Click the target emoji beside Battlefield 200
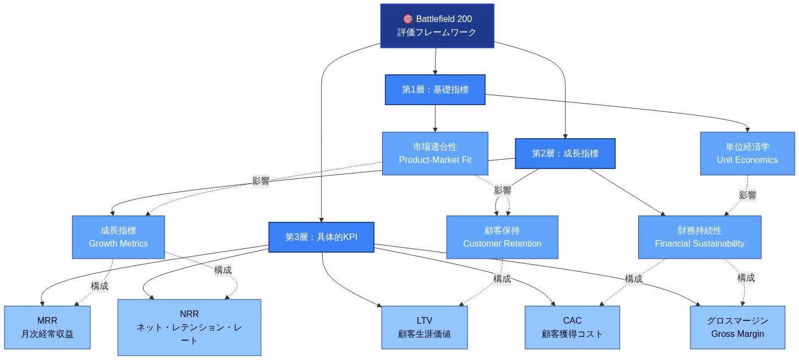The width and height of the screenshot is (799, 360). coord(408,19)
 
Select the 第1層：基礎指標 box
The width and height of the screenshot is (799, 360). coord(435,90)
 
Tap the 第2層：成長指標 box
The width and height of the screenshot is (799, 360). coord(565,154)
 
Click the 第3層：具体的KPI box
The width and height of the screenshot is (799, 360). coord(321,237)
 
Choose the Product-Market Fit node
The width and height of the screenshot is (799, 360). coord(435,154)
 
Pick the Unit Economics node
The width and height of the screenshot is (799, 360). coord(747,154)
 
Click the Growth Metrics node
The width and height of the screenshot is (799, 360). coord(118,237)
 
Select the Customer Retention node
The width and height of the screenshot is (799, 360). coord(502,237)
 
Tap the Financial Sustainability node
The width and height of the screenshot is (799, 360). coord(699,237)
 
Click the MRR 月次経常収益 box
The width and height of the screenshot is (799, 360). coord(47,328)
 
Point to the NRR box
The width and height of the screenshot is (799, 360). coord(189,328)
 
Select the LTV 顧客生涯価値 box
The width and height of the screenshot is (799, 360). coord(425,328)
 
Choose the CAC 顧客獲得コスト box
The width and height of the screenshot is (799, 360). coord(572,328)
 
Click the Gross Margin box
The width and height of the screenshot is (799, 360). coord(737,328)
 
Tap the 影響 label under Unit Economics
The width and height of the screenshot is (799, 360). coord(747,195)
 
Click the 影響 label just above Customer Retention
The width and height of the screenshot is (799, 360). coord(502,190)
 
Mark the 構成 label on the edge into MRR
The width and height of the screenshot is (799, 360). coord(100,286)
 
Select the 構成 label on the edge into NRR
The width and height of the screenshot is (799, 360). coord(223,270)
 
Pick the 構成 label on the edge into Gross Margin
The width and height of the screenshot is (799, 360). coord(746,278)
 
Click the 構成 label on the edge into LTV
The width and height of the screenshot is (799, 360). coord(502,279)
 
